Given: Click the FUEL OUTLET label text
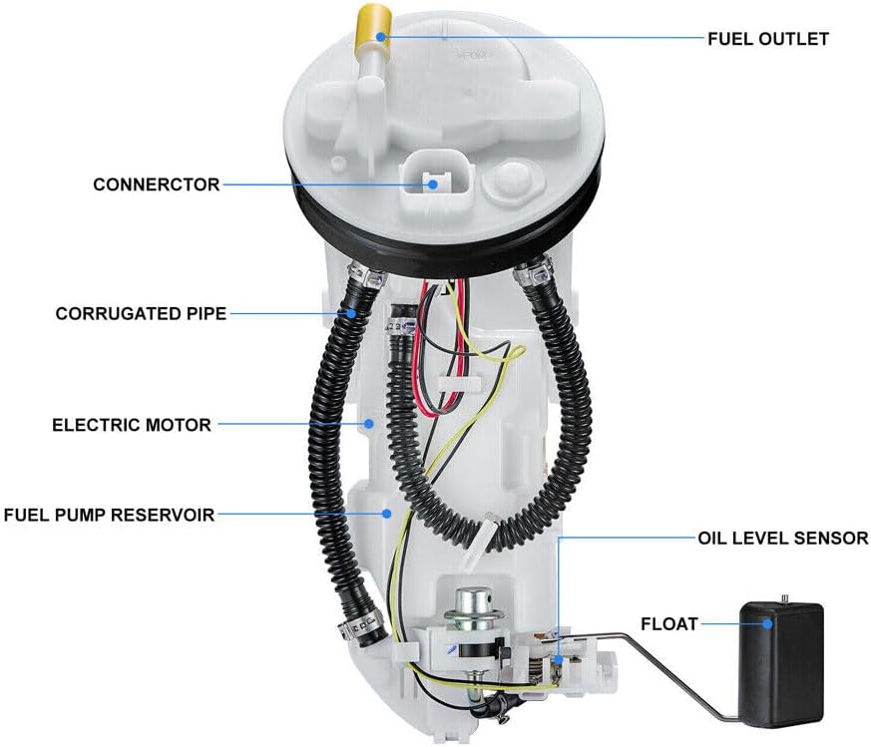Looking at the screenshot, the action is (x=767, y=39).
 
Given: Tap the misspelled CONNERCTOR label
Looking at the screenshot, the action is (x=156, y=185).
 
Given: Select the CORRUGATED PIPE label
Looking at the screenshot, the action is (x=141, y=313).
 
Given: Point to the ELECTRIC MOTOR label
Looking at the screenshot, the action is (x=132, y=425).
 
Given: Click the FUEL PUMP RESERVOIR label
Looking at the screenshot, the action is (x=109, y=515).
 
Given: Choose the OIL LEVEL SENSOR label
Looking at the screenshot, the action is (x=782, y=538).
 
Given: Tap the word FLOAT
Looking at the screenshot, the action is (x=668, y=623).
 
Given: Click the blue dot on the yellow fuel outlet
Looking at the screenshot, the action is (x=380, y=37).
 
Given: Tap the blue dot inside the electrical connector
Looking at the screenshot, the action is (x=433, y=185).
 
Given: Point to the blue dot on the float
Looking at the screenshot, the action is (x=767, y=623).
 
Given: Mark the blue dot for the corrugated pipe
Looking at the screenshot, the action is (x=351, y=313).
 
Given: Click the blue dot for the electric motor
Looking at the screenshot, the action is (x=368, y=424).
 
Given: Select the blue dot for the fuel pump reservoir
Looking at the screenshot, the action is (x=387, y=514).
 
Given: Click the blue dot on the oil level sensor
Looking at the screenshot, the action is (x=557, y=660).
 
